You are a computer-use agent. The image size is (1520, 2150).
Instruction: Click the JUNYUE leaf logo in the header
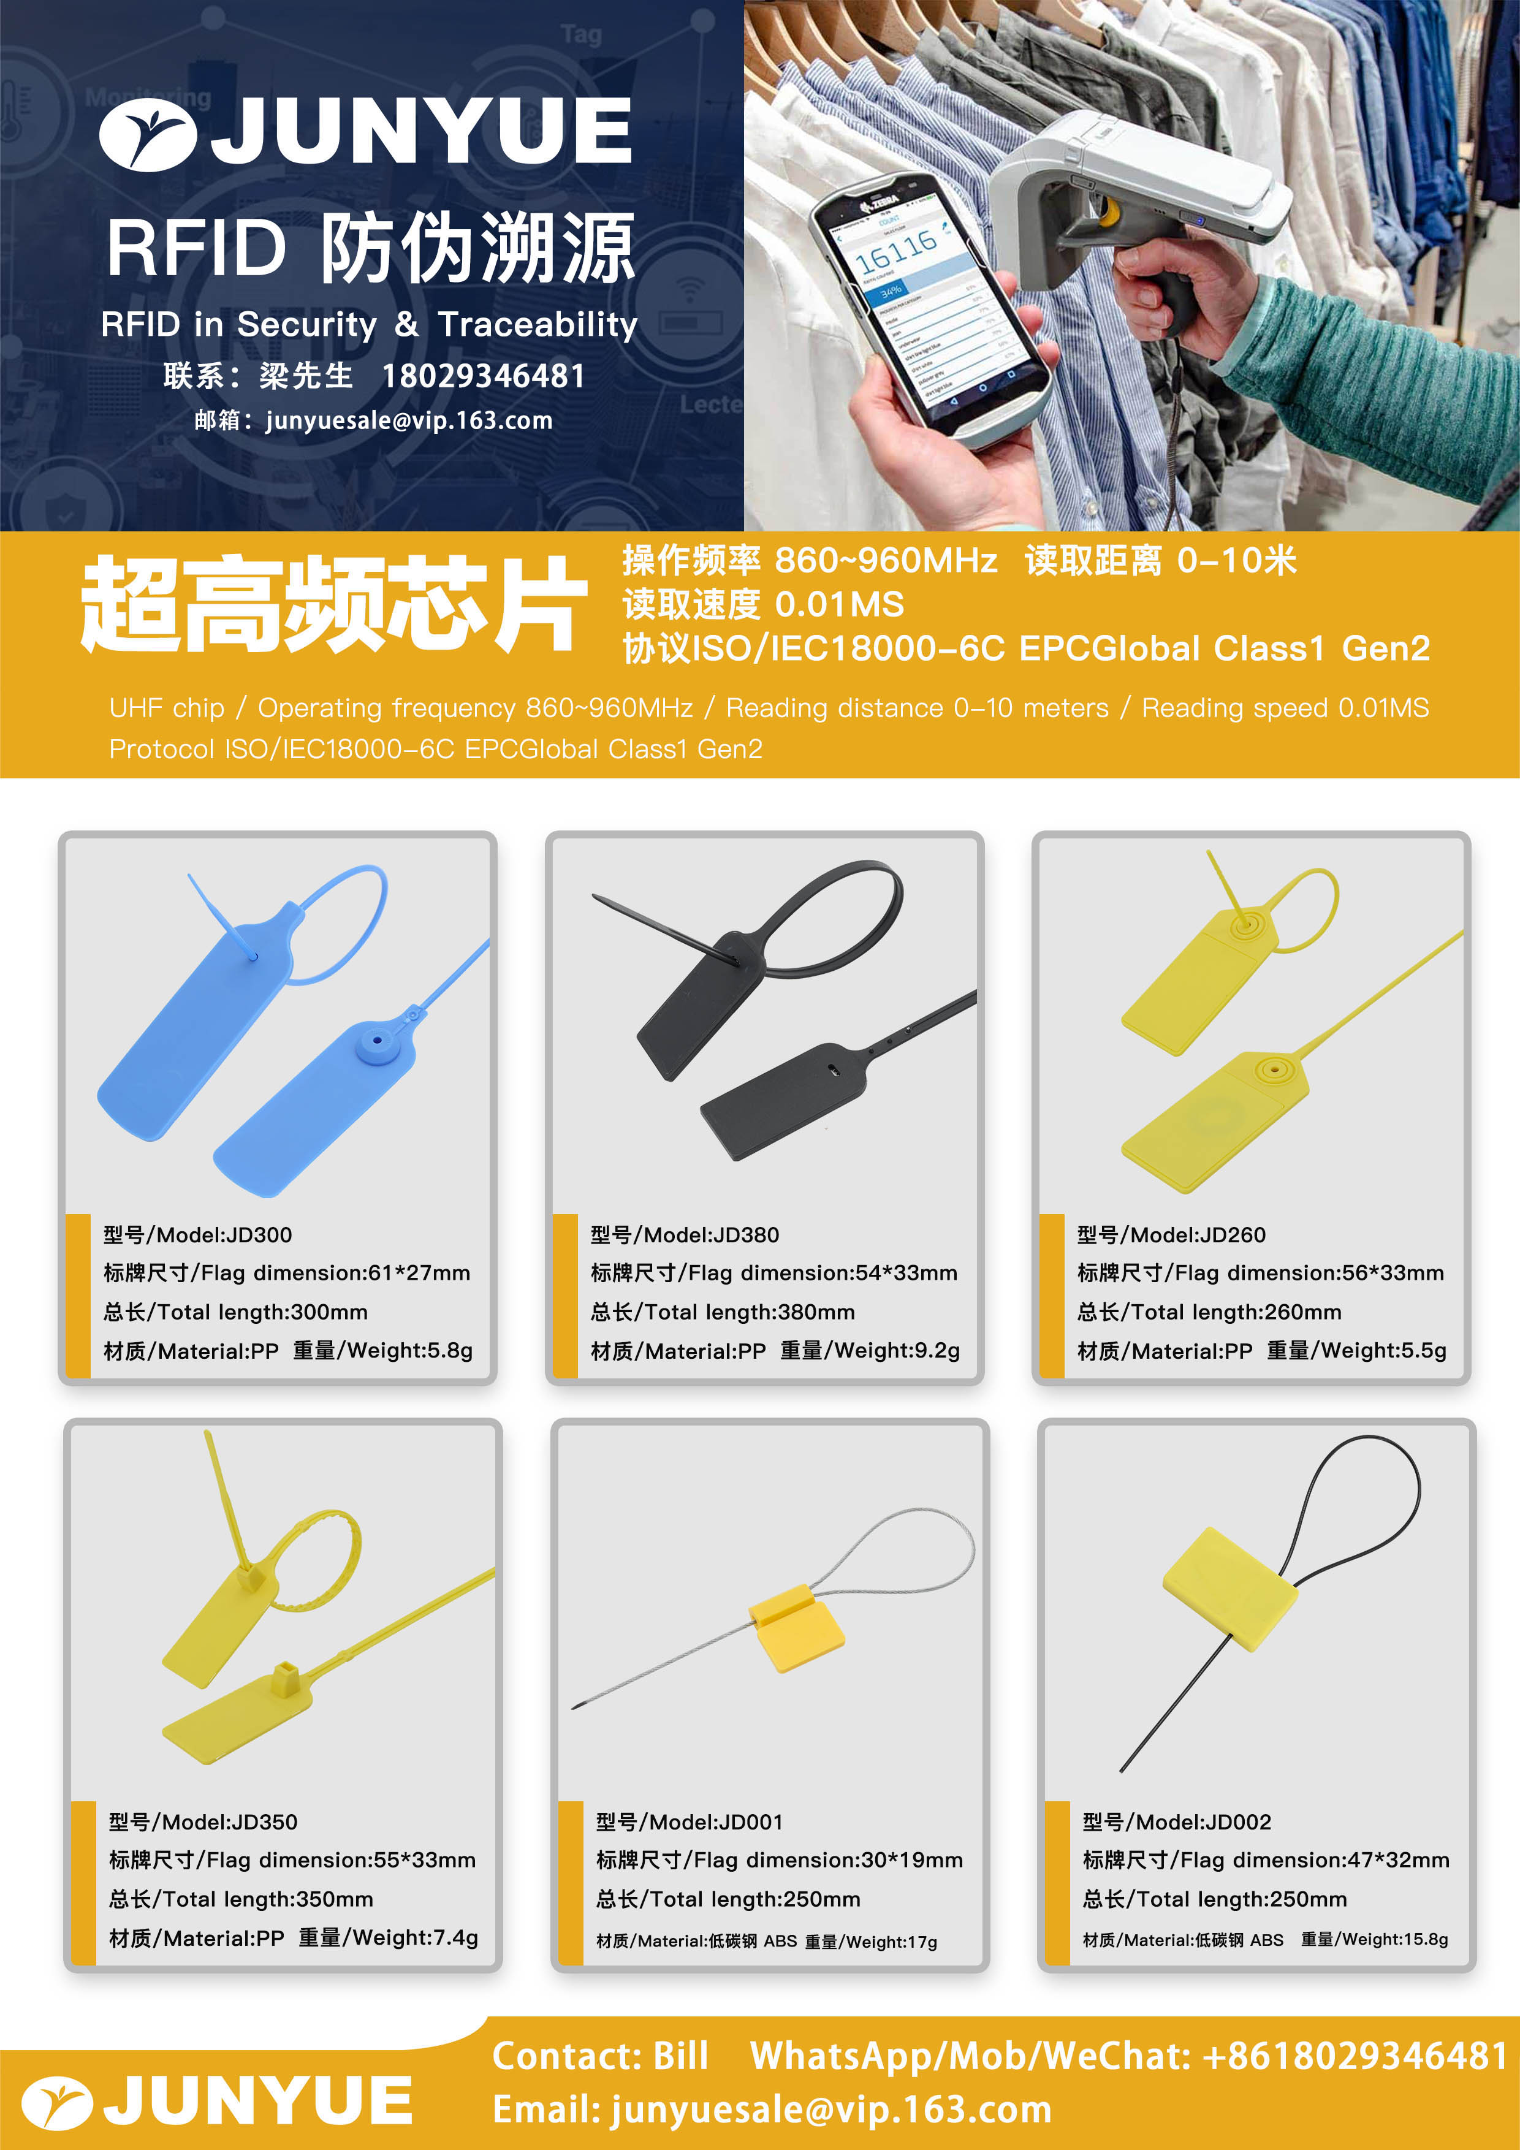(x=147, y=134)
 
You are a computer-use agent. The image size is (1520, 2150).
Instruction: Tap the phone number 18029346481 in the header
(x=483, y=376)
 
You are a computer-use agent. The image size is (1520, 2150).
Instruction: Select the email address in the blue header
(x=409, y=420)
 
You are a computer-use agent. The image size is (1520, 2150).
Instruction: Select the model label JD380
(x=747, y=1235)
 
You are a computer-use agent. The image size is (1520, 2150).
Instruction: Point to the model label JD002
(x=1239, y=1822)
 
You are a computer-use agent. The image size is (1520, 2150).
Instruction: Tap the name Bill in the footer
(x=680, y=2056)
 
